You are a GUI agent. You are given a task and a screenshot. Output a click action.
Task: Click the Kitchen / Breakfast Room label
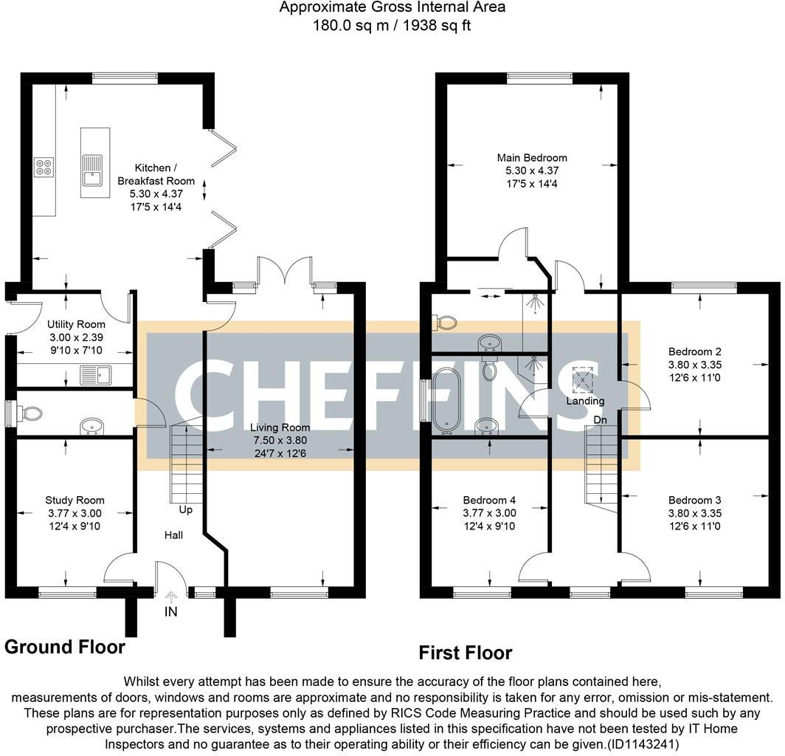point(156,174)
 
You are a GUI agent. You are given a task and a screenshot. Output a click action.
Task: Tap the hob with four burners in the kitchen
point(44,167)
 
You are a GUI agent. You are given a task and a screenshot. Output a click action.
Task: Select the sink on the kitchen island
point(93,171)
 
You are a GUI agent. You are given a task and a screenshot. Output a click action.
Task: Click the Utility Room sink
point(96,375)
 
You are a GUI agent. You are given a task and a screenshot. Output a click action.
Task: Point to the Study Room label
point(75,500)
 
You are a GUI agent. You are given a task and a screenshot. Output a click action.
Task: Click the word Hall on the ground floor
point(173,535)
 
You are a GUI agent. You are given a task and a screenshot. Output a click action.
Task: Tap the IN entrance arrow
point(170,597)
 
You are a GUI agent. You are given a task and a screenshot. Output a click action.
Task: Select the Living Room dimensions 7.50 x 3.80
point(280,440)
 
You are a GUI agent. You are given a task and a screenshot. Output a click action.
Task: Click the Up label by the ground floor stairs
point(186,510)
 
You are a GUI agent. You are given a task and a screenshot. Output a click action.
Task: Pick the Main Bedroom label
point(532,158)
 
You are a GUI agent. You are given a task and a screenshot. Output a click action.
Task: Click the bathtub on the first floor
point(447,400)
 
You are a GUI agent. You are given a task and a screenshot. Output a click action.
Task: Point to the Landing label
point(585,401)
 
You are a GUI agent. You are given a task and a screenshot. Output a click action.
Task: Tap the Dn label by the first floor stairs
point(601,420)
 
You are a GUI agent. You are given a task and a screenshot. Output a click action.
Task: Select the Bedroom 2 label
point(695,351)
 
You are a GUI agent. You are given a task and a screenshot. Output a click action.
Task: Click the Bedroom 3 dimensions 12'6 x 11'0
point(695,526)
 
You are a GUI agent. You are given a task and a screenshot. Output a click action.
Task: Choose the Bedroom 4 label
point(489,500)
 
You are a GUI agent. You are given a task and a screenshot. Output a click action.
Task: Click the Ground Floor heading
point(65,647)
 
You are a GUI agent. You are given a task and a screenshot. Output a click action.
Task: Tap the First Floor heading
point(466,653)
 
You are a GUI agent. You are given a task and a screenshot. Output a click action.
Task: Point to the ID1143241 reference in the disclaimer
point(643,744)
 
